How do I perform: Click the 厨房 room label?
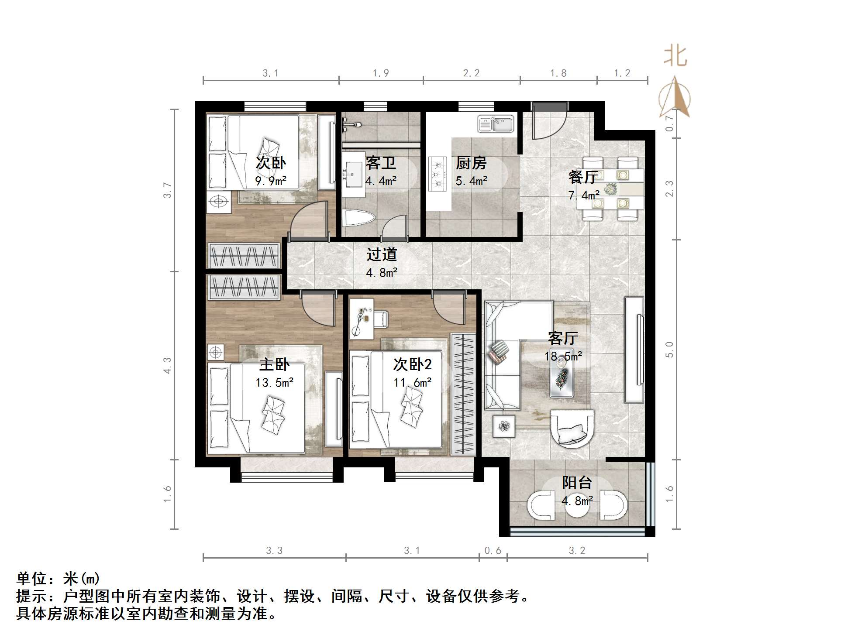(471, 163)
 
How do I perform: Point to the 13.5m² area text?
(274, 383)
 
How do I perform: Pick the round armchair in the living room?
(572, 427)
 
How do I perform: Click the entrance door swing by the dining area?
(548, 122)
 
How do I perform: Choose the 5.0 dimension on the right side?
(670, 350)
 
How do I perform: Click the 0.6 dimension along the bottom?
(493, 551)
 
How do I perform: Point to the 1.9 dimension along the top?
(381, 73)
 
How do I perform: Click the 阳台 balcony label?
(577, 483)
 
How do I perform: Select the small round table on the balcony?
(577, 505)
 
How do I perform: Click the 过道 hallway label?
(382, 254)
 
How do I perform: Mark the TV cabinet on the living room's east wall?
(634, 350)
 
